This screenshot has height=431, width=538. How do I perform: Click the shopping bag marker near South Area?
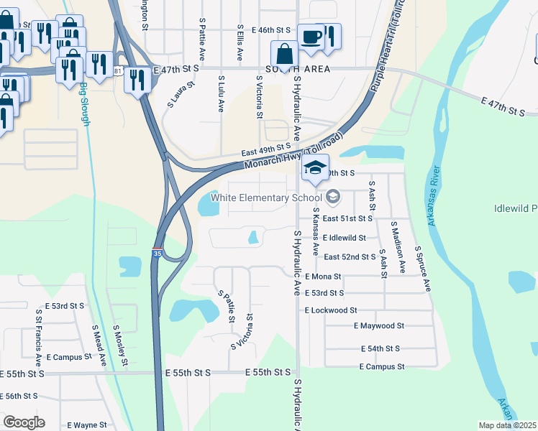tap(285, 55)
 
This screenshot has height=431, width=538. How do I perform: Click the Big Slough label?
tap(85, 104)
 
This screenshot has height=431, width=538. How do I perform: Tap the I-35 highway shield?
tap(157, 254)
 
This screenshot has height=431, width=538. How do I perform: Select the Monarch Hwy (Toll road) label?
tap(293, 153)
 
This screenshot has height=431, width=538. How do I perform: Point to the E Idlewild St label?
tap(345, 238)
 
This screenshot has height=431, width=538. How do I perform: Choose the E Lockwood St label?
tap(331, 310)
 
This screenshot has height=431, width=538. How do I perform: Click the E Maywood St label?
tap(379, 325)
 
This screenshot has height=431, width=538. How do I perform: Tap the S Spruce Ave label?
tap(423, 268)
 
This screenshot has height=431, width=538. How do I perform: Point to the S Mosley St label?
tap(122, 344)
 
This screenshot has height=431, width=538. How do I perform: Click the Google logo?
tap(24, 422)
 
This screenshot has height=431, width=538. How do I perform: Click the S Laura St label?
tap(181, 95)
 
